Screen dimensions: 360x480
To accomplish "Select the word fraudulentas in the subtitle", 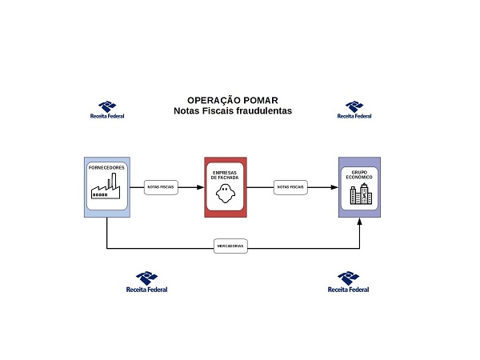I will pyautogui.click(x=262, y=110).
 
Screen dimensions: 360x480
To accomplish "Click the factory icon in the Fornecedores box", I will pyautogui.click(x=106, y=190).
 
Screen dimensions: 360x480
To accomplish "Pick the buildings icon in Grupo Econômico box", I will pyautogui.click(x=359, y=194).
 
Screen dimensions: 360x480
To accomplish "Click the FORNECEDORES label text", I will pyautogui.click(x=106, y=168).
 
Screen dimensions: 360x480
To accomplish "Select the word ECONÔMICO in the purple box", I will pyautogui.click(x=359, y=178).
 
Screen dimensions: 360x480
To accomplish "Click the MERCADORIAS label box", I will pyautogui.click(x=231, y=247).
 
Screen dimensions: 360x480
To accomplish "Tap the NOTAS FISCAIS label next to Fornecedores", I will pyautogui.click(x=161, y=187).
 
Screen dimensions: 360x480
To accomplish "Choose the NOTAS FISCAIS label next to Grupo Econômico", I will pyautogui.click(x=290, y=187).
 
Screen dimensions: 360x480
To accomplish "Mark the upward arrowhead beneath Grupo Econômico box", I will pyautogui.click(x=360, y=222).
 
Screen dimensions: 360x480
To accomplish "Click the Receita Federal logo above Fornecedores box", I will pyautogui.click(x=107, y=110).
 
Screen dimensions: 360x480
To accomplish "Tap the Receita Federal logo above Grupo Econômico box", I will pyautogui.click(x=354, y=110).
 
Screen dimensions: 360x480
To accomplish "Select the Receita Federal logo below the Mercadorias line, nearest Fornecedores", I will pyautogui.click(x=147, y=282).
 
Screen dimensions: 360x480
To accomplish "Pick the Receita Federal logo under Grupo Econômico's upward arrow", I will pyautogui.click(x=349, y=282).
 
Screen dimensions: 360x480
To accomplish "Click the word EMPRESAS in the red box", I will pyautogui.click(x=225, y=173).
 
